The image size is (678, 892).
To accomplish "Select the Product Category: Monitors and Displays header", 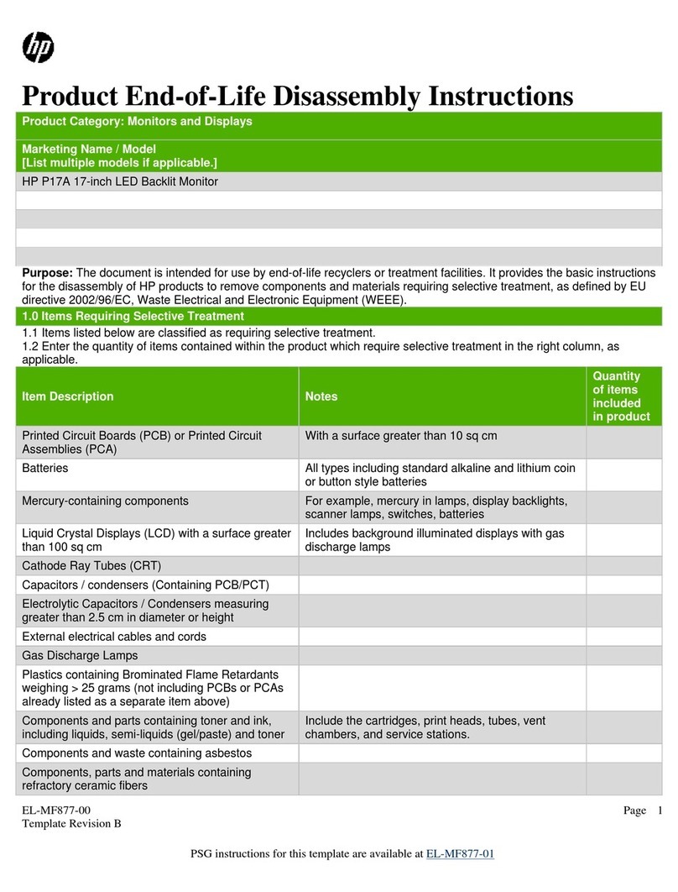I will (137, 122).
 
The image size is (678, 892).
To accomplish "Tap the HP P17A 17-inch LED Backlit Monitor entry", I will (120, 181).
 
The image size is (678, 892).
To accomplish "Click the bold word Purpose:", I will (47, 273).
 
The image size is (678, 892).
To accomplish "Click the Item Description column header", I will (68, 396).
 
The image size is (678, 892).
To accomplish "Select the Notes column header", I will (321, 396).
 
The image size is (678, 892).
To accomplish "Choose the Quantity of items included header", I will (621, 396).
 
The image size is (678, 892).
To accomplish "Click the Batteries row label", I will (45, 468).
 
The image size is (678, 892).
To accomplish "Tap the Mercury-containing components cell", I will (105, 501).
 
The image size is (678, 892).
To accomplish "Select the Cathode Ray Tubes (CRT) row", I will (91, 565).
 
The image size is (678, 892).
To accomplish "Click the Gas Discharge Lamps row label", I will (80, 655).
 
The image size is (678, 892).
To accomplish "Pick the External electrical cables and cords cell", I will (114, 637).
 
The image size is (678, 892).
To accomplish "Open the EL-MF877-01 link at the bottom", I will (461, 854).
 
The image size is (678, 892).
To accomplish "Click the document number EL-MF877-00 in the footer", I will (55, 810).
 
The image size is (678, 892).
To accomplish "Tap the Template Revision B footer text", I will (71, 824).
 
